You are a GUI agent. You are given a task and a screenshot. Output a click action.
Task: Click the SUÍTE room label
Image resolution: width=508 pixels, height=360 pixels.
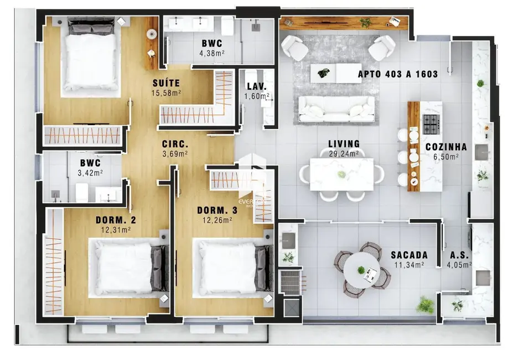pos(167,83)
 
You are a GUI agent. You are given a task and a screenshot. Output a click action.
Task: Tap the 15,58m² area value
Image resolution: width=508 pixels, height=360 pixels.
pos(167,93)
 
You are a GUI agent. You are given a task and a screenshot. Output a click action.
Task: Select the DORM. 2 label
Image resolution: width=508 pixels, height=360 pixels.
pos(116,220)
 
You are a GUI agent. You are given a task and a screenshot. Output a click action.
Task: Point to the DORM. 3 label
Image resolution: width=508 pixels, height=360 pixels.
pos(217,210)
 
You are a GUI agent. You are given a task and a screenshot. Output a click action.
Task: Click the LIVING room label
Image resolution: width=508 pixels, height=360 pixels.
pos(344,144)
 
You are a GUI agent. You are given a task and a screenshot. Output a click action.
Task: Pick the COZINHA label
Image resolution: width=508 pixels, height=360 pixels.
pos(446,147)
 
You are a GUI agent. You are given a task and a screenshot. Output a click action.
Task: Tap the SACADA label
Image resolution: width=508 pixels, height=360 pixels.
pos(409,255)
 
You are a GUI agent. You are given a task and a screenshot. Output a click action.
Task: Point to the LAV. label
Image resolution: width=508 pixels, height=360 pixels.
pos(257,87)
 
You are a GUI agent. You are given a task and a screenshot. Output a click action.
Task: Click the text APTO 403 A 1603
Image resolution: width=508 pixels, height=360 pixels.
pos(398,74)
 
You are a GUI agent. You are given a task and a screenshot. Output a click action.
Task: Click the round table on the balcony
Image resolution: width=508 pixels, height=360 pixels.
pos(362,270)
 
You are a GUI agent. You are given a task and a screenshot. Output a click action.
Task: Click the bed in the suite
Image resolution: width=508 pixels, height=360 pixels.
pos(90,62)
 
